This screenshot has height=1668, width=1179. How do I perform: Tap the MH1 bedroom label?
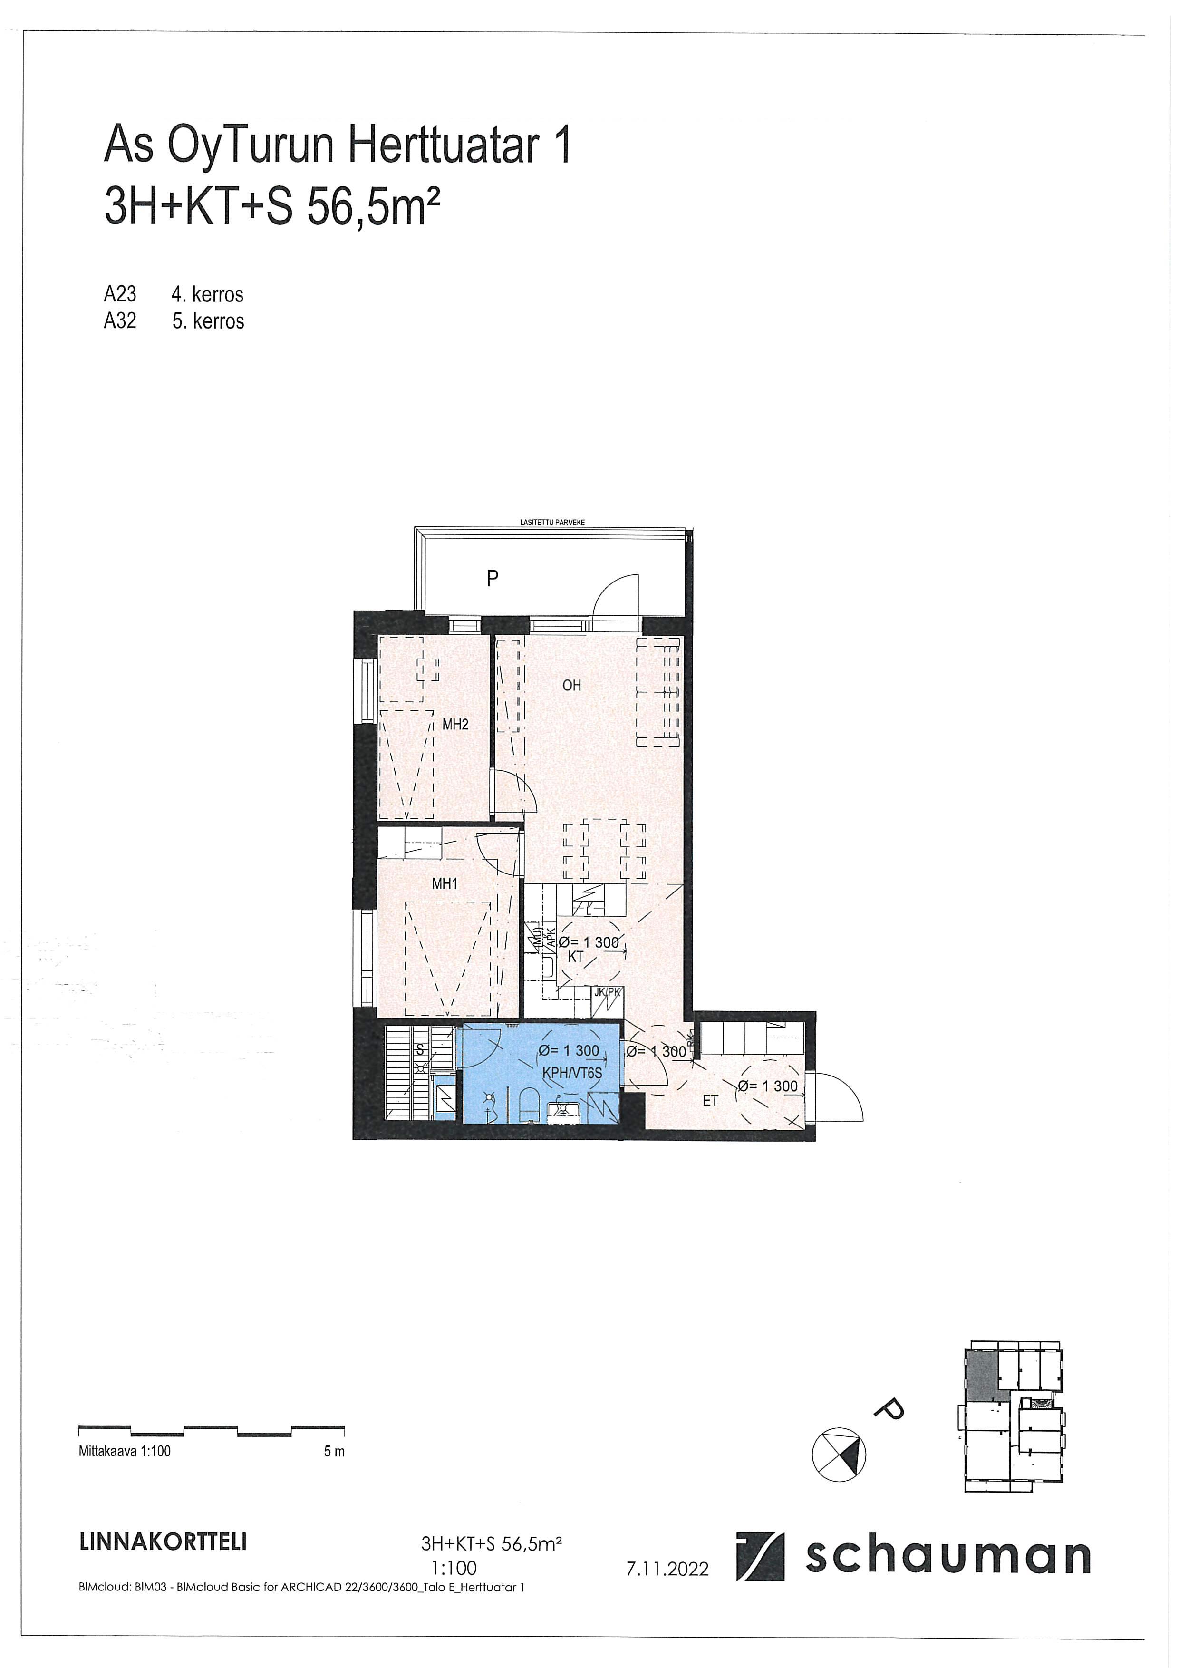coord(445,884)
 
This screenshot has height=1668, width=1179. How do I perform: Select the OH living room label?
coord(572,685)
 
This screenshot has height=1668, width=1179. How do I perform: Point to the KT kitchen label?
coord(575,957)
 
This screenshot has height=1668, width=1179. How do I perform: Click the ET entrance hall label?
coord(710,1101)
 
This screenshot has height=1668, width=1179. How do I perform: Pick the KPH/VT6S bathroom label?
coord(572,1072)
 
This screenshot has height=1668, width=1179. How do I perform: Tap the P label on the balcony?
coord(493,579)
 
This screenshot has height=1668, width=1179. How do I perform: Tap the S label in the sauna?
coord(420,1050)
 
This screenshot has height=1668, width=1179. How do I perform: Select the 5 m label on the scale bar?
coord(334,1452)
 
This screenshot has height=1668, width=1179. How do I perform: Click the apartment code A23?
coord(120,294)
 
